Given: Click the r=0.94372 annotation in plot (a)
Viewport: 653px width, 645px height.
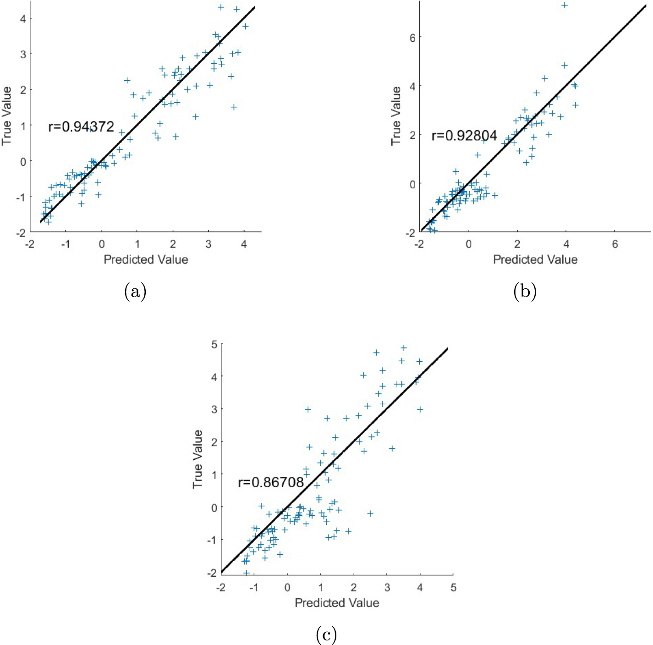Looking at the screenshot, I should coord(81,127).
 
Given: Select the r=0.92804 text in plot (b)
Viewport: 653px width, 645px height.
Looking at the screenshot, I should coord(464,136).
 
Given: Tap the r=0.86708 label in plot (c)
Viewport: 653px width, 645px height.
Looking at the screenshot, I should coord(271,482).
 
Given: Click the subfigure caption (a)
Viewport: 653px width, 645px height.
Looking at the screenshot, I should coord(135,292).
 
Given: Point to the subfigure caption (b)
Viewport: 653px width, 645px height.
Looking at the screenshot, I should coord(525,292).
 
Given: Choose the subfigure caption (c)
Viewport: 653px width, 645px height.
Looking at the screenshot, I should coord(326,635).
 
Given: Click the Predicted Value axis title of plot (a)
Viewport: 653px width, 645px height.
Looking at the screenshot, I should coord(146,259).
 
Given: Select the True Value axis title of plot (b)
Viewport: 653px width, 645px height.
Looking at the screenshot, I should coord(396,116).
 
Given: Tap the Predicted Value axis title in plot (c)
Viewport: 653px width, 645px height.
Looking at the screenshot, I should coord(337,602).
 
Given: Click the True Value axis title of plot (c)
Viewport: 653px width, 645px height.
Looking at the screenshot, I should coord(198,459).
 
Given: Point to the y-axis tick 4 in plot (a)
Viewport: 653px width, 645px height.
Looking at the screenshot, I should coord(22,18).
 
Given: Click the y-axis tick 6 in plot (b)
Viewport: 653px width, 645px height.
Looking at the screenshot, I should coord(412,38).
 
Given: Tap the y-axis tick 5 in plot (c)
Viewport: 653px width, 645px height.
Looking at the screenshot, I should coord(214,344).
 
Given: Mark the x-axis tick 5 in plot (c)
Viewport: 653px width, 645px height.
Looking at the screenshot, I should coord(453,588).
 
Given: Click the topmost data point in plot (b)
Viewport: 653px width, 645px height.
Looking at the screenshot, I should coord(565,6).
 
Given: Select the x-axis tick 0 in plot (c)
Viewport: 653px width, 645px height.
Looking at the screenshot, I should coord(287,588).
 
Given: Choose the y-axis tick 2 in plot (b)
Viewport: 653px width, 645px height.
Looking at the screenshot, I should coord(412,135).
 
